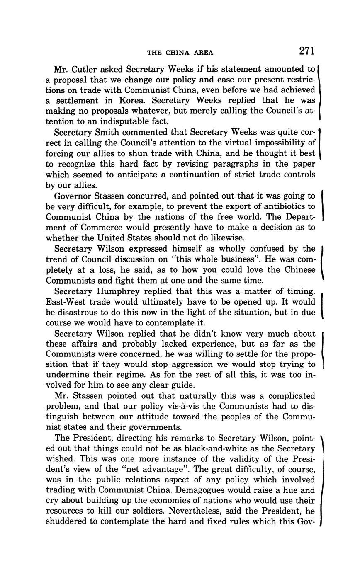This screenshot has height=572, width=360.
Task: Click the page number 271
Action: coord(306,51)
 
